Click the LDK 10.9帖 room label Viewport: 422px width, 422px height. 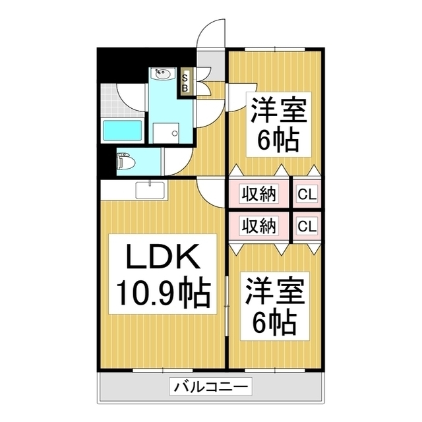tap(163, 274)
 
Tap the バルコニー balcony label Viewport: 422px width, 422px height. tap(210, 386)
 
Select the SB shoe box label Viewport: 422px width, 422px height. tap(185, 83)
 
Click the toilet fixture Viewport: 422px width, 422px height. tap(126, 162)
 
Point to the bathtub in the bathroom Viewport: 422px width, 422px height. tap(123, 131)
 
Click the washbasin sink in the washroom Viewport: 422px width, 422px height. tap(163, 74)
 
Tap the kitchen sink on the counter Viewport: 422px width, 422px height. tap(150, 191)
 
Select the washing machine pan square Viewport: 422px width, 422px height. tap(166, 133)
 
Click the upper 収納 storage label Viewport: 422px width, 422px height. tap(258, 194)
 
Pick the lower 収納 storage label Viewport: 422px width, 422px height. tap(258, 226)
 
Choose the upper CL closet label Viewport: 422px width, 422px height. tap(307, 194)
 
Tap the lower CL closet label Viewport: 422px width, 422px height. tap(307, 226)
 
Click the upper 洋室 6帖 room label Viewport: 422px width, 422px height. tap(279, 125)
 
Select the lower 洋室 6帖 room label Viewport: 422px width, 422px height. tap(275, 306)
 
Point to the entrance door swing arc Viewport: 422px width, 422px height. tap(211, 34)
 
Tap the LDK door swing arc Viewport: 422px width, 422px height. tap(211, 193)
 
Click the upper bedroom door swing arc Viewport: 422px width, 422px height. tap(241, 98)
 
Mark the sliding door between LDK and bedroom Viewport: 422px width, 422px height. tap(227, 306)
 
